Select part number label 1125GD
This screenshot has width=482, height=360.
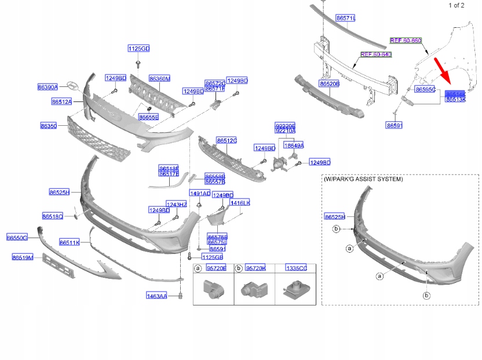click(139, 48)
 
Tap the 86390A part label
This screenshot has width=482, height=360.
click(48, 87)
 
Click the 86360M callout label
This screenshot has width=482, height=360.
click(159, 78)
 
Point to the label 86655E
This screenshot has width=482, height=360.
click(149, 117)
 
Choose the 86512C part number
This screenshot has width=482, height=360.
click(227, 140)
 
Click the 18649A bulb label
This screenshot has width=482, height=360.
click(293, 145)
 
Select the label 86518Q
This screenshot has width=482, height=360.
click(53, 216)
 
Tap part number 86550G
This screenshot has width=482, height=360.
click(17, 238)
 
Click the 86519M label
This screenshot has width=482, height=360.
click(23, 257)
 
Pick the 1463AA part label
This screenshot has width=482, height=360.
click(156, 296)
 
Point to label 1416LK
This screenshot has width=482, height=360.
click(240, 203)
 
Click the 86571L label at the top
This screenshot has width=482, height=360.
click(346, 19)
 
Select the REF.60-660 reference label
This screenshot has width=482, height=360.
click(406, 41)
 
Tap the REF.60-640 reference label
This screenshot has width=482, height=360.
click(376, 54)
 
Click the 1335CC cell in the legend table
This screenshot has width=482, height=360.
click(296, 268)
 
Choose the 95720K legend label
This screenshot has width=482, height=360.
click(255, 268)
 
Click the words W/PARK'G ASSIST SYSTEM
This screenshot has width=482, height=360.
click(363, 180)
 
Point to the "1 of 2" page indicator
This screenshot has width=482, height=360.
click(457, 5)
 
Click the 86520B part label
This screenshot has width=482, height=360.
click(329, 84)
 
